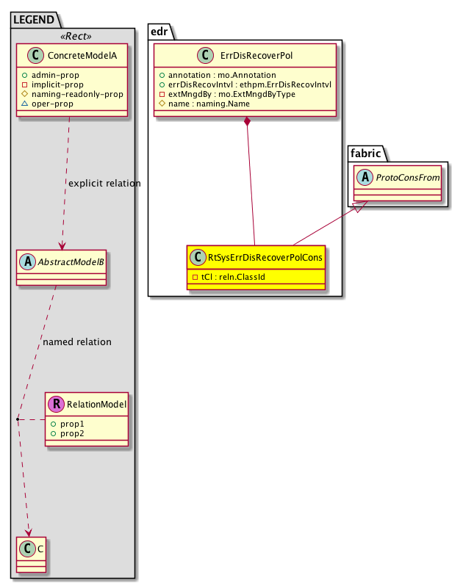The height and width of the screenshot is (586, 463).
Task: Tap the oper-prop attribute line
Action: (52, 104)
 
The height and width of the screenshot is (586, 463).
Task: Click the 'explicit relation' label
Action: (104, 183)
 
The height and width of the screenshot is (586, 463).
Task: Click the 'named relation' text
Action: (77, 341)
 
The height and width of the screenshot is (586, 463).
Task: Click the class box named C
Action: (31, 554)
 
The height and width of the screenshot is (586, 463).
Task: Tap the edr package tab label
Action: (161, 32)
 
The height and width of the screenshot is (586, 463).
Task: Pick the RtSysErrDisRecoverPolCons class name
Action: (264, 258)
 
